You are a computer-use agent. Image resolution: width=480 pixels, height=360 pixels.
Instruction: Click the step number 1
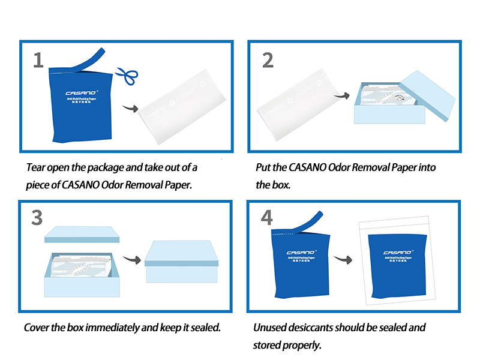38,60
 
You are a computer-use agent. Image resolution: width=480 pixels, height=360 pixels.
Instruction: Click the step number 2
268,60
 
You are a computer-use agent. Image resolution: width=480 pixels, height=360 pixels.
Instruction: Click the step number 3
37,218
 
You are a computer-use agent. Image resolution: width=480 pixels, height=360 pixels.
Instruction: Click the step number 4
268,217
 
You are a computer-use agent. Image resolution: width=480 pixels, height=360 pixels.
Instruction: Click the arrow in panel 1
129,108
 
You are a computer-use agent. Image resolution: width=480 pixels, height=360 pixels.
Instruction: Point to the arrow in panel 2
342,95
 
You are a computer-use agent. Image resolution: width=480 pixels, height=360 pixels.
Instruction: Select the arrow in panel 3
133,260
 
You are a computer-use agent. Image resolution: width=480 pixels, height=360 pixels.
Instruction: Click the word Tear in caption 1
37,167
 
